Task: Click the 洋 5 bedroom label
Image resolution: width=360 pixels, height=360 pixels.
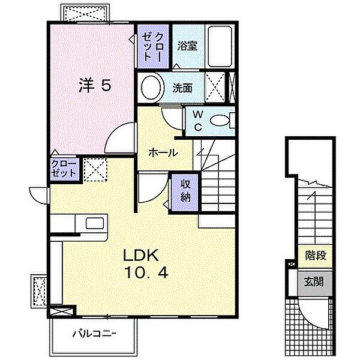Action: click(x=95, y=85)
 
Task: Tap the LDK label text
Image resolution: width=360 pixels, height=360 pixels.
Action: click(x=141, y=255)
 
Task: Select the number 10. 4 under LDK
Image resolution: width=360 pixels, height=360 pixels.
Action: click(x=146, y=272)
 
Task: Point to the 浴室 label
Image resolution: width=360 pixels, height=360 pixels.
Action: click(x=187, y=46)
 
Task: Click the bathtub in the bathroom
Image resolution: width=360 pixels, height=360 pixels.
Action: click(x=220, y=46)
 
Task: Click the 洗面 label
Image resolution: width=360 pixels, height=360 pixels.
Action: click(x=182, y=88)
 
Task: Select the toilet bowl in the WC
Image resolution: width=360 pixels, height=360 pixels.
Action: click(x=220, y=121)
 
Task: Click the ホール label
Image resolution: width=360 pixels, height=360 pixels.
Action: click(x=163, y=152)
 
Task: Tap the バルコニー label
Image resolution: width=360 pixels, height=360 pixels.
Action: click(x=94, y=334)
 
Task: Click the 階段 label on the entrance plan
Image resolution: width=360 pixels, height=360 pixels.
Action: click(x=316, y=255)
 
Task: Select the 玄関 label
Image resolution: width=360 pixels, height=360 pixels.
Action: click(x=314, y=281)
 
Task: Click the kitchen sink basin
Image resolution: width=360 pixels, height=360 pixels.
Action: click(x=95, y=223)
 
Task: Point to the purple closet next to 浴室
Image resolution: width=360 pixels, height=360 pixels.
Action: click(x=154, y=47)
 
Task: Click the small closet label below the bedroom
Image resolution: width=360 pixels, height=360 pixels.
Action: click(x=64, y=169)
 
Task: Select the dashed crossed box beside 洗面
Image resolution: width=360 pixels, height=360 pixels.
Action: click(x=215, y=88)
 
